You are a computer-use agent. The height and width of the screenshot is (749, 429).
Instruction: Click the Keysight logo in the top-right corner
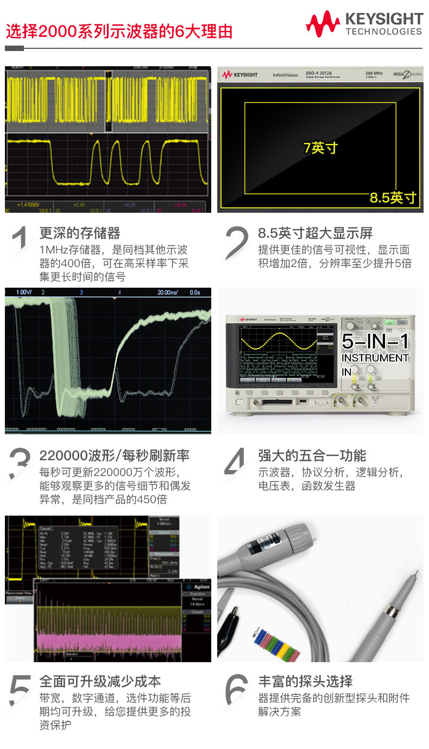click(x=364, y=24)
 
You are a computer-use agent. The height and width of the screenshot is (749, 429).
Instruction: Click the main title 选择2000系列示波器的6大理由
click(x=119, y=31)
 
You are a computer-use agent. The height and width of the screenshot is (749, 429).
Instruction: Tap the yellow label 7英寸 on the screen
click(x=320, y=148)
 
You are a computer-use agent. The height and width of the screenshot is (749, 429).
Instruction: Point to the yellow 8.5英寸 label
click(x=393, y=198)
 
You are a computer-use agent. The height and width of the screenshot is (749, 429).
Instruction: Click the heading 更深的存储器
click(x=80, y=233)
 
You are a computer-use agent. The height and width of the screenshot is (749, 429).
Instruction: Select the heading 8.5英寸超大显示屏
click(x=315, y=233)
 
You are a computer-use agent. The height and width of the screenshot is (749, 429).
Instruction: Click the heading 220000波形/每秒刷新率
click(x=115, y=455)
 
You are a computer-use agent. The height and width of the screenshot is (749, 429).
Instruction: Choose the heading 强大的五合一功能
click(x=312, y=455)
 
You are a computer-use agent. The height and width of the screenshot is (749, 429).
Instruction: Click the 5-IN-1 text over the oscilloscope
click(x=375, y=341)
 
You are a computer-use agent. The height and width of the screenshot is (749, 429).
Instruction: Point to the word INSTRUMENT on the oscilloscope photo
click(x=375, y=358)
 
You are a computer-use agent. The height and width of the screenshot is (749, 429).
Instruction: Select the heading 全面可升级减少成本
click(x=100, y=681)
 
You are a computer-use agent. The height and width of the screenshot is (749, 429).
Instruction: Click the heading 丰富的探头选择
click(x=305, y=681)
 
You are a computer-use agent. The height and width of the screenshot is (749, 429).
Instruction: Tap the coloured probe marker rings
click(x=276, y=644)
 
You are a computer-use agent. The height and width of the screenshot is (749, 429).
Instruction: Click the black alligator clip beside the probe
click(x=231, y=629)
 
